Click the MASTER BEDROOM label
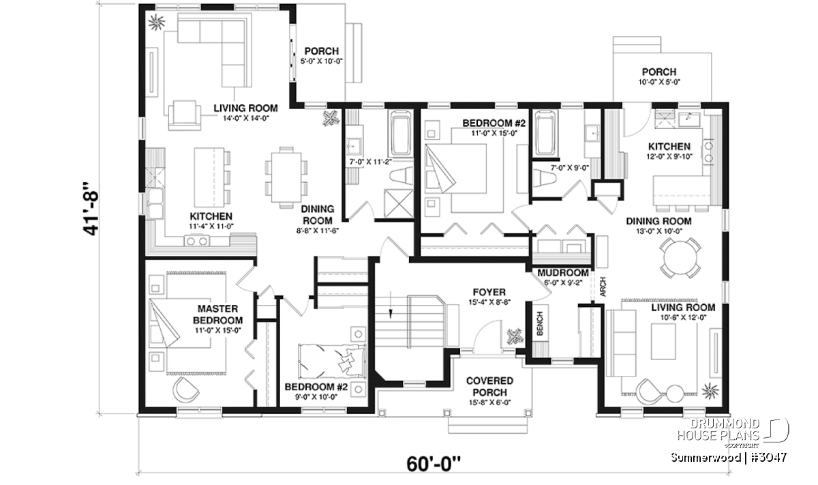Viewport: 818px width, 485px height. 217,314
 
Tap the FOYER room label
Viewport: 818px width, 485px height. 489,292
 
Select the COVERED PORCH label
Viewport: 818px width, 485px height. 489,386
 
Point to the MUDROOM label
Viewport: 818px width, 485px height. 563,273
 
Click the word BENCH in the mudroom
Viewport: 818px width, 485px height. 540,323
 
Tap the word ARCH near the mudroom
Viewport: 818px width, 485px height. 603,286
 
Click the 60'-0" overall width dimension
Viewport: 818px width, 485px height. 433,464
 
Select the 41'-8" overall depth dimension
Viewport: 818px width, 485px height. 91,208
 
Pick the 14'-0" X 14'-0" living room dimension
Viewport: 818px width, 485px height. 246,118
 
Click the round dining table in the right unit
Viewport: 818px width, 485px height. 680,258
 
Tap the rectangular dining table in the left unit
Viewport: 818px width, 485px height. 286,177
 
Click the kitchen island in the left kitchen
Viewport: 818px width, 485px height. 209,177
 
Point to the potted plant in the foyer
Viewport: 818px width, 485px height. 515,336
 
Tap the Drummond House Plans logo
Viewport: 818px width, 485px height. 732,433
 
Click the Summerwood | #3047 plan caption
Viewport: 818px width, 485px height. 729,457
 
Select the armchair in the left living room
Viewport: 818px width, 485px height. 185,115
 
